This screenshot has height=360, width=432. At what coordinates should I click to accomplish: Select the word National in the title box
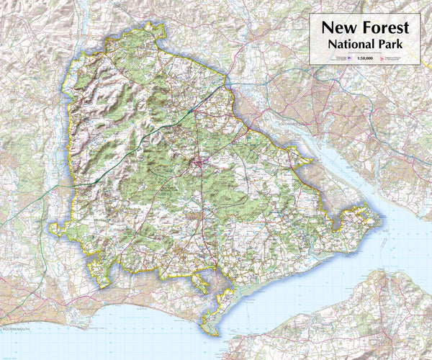(350, 45)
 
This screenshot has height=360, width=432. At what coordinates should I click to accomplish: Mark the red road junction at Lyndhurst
(199, 166)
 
